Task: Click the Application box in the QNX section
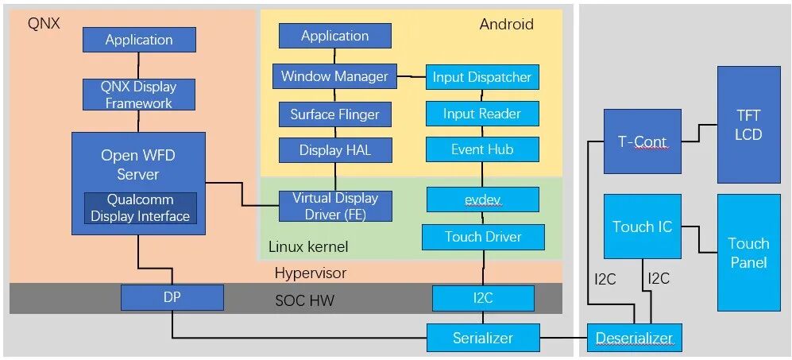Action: pos(139,40)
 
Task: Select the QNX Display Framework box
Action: pos(139,95)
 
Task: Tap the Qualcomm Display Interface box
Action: pos(140,208)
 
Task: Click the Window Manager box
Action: pos(334,77)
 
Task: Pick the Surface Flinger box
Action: pos(334,114)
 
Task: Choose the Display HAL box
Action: pos(334,149)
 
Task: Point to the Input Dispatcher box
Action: pos(481,78)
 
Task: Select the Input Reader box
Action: pos(481,114)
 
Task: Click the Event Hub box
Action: pos(481,149)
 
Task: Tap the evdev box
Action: pos(481,199)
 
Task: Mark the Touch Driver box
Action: pos(482,237)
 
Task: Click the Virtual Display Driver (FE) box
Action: pos(334,206)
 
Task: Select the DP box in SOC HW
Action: pos(172,298)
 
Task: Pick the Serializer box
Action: pos(482,338)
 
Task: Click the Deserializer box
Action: pos(634,338)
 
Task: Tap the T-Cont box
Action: pos(642,141)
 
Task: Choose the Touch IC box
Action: pos(642,226)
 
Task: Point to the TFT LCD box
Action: pos(748,125)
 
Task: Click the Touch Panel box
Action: pos(748,253)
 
